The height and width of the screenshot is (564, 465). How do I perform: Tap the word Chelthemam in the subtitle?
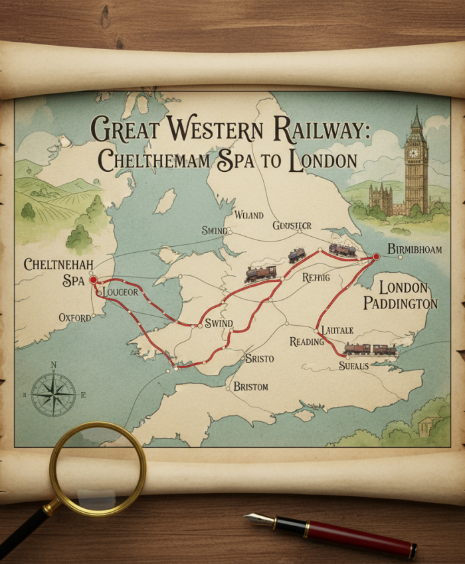(x=156, y=161)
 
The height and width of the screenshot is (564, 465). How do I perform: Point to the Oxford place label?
(x=74, y=318)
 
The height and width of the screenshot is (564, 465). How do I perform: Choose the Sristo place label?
(x=259, y=358)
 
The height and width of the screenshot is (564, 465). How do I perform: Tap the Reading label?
(x=306, y=342)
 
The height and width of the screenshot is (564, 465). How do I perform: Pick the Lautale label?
(x=337, y=330)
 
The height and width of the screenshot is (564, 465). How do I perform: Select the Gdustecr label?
(x=292, y=226)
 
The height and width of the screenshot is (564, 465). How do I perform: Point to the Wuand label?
(x=249, y=216)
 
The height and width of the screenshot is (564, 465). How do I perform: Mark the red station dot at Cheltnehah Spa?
(x=93, y=279)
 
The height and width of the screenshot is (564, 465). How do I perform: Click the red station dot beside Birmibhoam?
(x=376, y=256)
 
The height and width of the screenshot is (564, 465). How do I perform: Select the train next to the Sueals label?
(x=370, y=349)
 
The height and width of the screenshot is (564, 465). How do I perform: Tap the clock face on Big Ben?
(x=413, y=152)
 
